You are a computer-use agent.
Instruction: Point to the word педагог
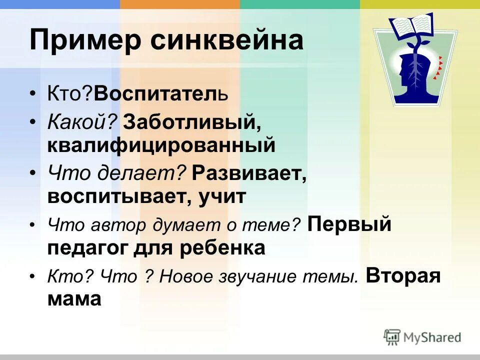point(87,247)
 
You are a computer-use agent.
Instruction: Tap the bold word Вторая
point(403,276)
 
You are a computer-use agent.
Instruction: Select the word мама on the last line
point(74,299)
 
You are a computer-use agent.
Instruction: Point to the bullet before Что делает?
point(32,173)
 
